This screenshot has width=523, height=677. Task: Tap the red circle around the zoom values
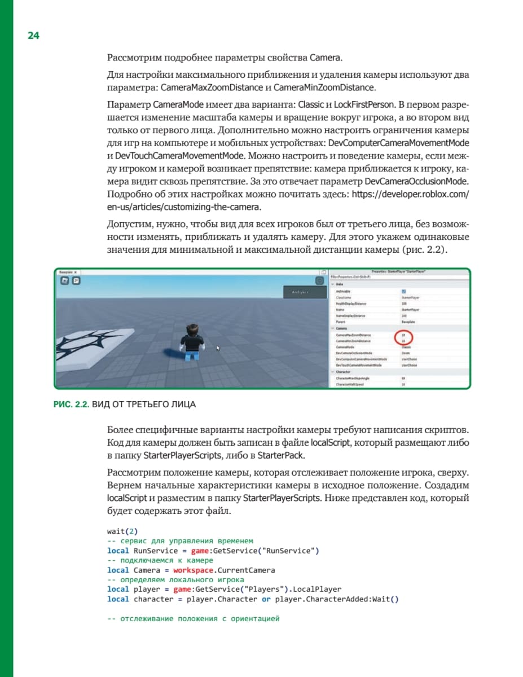[404, 338]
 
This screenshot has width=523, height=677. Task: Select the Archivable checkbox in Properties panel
[403, 291]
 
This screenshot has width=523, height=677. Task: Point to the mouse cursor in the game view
[218, 349]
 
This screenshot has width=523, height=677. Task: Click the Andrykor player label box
[304, 292]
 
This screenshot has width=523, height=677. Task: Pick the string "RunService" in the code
[292, 550]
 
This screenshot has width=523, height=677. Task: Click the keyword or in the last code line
[266, 599]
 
